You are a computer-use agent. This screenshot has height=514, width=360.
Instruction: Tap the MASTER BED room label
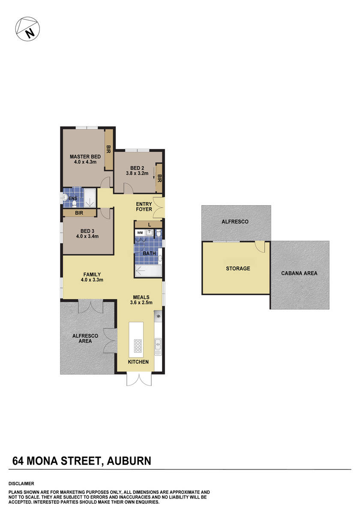coord(85,157)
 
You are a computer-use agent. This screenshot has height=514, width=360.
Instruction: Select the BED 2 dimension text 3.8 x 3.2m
coord(137,173)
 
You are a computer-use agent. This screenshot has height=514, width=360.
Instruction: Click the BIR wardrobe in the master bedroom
coord(109,149)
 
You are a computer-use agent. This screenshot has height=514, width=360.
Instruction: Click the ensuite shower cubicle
coord(90,197)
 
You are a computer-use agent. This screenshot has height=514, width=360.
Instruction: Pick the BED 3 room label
coord(87,230)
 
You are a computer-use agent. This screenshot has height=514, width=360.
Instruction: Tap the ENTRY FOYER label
coord(144,206)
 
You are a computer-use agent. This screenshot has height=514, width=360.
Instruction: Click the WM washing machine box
coord(140,233)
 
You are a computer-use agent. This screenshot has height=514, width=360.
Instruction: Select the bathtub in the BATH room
coord(148,271)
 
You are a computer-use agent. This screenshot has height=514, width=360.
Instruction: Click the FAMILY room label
coord(92,275)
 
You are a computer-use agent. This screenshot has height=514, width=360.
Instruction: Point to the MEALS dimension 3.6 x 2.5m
coord(141,302)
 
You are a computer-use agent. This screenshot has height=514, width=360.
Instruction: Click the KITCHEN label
coord(138,362)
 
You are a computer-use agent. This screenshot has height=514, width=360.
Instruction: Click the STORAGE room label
coord(238,269)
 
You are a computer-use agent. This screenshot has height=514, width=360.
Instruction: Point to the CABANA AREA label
coord(299,273)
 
